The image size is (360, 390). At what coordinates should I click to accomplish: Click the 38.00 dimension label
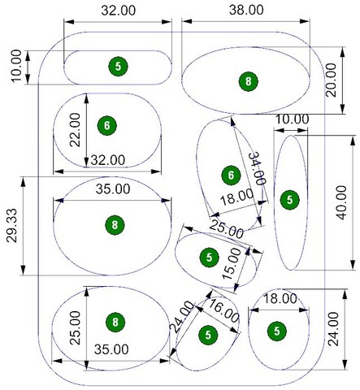pos(246,11)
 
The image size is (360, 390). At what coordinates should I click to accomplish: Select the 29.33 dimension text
pos(12,225)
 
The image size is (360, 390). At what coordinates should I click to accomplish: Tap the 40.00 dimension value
pos(341,202)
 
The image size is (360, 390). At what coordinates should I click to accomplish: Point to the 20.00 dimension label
pos(331,80)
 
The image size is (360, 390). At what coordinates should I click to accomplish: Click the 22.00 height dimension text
pos(75,130)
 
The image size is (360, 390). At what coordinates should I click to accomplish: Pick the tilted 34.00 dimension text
pos(257,168)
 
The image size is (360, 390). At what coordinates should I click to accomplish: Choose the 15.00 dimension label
pos(232,264)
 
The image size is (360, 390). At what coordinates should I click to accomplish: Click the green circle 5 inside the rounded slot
pos(118,67)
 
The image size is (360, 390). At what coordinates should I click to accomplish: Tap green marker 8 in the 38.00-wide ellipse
pos(249,81)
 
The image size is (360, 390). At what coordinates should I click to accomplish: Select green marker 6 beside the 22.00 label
pos(107,125)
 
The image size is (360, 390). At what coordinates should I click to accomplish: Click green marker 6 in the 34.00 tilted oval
pos(231,175)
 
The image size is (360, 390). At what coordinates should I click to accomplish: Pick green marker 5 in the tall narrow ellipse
pos(290,200)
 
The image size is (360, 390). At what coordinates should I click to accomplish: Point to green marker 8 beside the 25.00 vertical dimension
pos(115,323)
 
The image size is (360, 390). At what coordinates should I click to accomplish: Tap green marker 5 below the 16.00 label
pos(208,335)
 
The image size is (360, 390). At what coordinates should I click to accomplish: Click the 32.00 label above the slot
pos(119,11)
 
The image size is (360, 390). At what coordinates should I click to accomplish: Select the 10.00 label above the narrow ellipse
pos(292,119)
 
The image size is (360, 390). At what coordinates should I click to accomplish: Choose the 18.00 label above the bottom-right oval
pos(280,299)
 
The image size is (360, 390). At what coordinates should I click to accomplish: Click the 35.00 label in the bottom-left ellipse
pos(111,349)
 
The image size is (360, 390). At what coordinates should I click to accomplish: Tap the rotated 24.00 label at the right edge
pos(333,329)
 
